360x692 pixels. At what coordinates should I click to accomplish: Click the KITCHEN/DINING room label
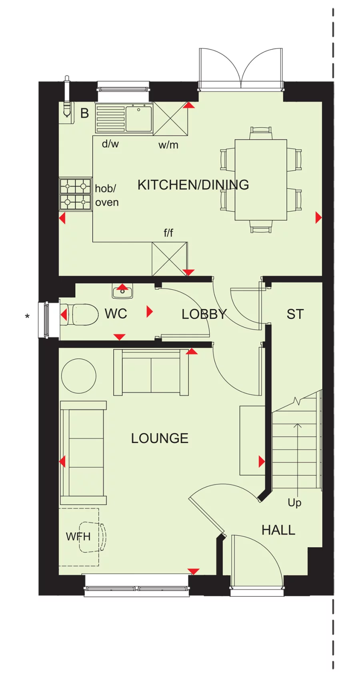(x=193, y=185)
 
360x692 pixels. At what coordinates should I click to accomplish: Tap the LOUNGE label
(x=160, y=438)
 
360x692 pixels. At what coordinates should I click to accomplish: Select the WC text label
(x=116, y=314)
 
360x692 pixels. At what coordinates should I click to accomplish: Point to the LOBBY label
(x=204, y=314)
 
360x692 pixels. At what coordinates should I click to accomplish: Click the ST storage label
(x=295, y=314)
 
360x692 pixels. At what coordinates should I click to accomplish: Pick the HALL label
(x=278, y=530)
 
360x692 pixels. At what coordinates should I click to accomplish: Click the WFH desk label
(x=78, y=536)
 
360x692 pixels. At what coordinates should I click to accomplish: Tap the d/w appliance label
(x=110, y=144)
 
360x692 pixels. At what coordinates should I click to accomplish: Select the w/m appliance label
(x=168, y=145)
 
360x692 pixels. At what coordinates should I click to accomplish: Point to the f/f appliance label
(x=168, y=232)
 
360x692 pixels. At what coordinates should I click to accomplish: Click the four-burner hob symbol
(x=75, y=194)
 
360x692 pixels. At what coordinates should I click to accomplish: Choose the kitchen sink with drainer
(x=124, y=118)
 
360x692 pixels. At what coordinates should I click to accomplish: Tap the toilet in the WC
(x=82, y=314)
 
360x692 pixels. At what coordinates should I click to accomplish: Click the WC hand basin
(x=122, y=292)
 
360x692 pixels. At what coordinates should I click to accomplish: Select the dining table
(x=261, y=180)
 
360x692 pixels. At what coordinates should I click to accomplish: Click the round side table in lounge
(x=79, y=376)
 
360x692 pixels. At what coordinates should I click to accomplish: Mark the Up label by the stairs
(x=294, y=503)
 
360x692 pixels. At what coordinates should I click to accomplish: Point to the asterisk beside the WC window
(x=27, y=317)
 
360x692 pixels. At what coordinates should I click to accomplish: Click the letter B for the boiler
(x=84, y=114)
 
